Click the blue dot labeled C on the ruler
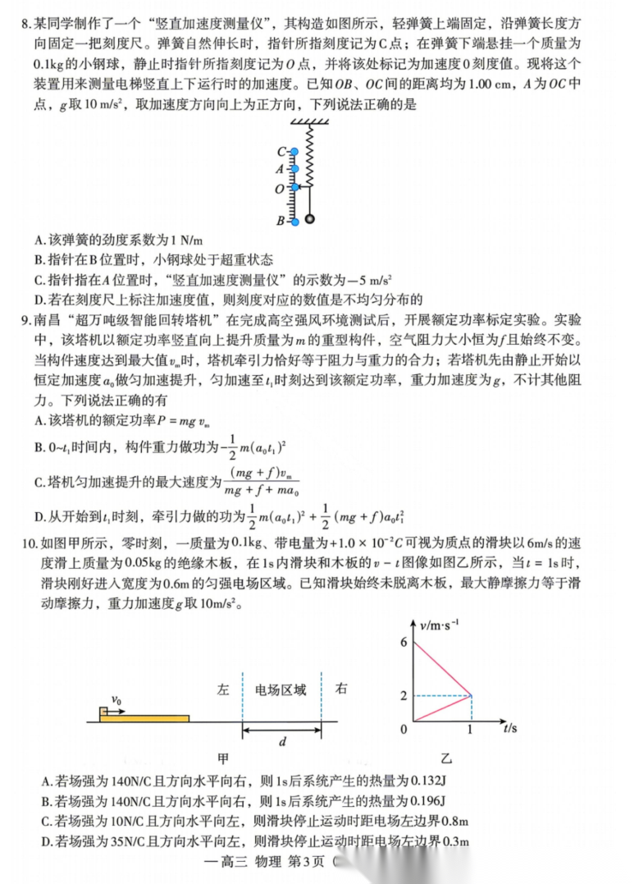(x=294, y=152)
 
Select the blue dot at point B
(x=294, y=221)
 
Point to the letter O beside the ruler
(x=280, y=188)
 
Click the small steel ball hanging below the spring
(x=310, y=219)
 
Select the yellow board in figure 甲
(x=144, y=718)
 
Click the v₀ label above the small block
(x=116, y=700)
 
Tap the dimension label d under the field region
(x=281, y=742)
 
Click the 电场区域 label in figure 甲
(x=281, y=689)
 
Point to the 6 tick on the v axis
(x=404, y=642)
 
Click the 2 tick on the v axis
(x=404, y=696)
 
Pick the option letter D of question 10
(x=46, y=840)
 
